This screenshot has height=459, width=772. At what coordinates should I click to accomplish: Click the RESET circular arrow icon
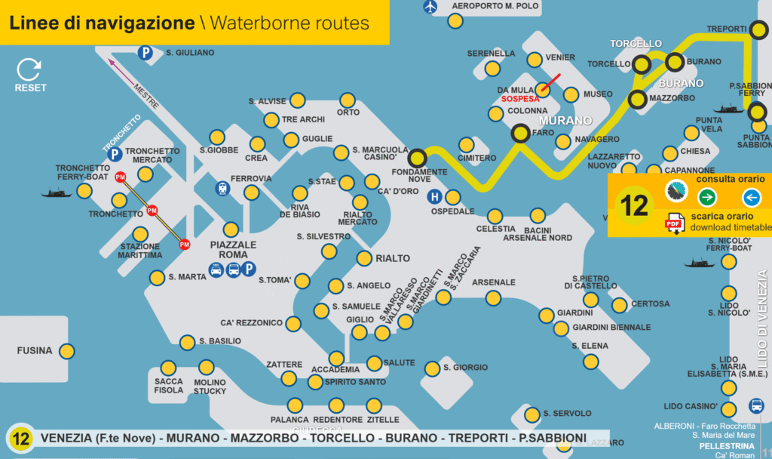point(29,69)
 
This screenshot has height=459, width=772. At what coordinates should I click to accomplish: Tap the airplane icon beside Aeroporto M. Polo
point(430,7)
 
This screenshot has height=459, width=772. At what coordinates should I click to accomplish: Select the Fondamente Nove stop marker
point(418,159)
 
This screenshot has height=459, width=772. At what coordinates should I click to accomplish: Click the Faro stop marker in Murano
point(520,134)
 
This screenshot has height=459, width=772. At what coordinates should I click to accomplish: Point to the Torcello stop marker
point(642,65)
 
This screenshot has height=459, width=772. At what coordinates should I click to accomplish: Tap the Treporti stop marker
point(759,30)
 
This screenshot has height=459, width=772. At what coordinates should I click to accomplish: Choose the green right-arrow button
point(707,198)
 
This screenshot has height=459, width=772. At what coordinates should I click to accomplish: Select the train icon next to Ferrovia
point(222,188)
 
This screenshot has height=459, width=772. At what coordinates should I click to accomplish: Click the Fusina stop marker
point(66,351)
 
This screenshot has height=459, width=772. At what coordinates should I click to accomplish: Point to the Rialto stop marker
point(364,258)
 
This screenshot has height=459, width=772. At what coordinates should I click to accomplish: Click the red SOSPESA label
point(519,99)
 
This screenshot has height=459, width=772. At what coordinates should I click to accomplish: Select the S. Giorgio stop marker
point(432,368)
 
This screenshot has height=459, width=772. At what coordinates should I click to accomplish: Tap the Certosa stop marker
point(620,305)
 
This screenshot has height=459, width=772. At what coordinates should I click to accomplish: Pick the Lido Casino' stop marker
point(728,408)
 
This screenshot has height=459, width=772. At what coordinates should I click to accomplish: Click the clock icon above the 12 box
point(676,192)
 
